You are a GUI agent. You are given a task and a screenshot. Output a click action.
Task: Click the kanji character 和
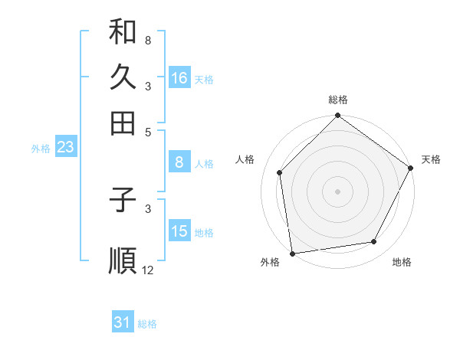tap(123, 33)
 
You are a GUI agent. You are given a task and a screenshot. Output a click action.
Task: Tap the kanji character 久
tap(123, 77)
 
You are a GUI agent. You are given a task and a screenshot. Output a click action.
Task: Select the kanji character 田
tap(123, 122)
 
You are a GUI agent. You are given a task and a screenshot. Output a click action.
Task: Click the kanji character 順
tap(123, 260)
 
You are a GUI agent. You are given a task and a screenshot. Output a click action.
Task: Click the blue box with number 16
tap(179, 78)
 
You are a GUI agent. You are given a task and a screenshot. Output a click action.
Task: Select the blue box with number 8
tap(179, 162)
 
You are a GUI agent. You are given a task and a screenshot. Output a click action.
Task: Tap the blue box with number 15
tap(179, 231)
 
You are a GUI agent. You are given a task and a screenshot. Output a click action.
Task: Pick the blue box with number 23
tap(65, 147)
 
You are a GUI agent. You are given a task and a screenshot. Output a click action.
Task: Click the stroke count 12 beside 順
tap(148, 270)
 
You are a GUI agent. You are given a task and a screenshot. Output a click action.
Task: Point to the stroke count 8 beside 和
tap(147, 40)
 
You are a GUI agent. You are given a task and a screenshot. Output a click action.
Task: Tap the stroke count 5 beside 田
tap(147, 131)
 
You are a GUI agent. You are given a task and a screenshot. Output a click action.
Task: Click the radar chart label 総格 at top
tap(338, 100)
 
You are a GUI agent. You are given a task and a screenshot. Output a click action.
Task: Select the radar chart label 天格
tap(431, 159)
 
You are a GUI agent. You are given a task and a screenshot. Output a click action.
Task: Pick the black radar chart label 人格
tap(245, 159)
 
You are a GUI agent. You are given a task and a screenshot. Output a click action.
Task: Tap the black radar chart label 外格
tap(270, 262)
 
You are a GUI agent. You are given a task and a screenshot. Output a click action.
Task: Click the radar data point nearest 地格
tap(374, 242)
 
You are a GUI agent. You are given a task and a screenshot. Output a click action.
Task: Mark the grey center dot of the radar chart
tap(337, 191)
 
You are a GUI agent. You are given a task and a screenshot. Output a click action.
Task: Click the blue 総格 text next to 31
tap(147, 324)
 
